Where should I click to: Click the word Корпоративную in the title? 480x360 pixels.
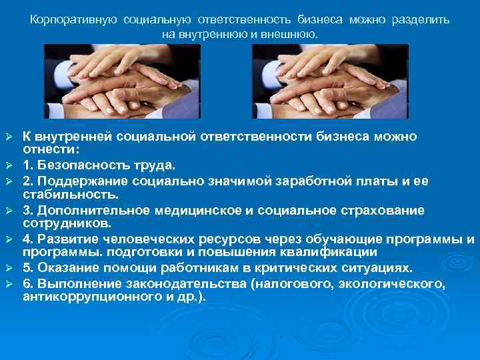(x=72, y=20)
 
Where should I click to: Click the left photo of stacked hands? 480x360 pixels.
(x=122, y=81)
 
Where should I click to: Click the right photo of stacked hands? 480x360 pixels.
(x=330, y=81)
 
